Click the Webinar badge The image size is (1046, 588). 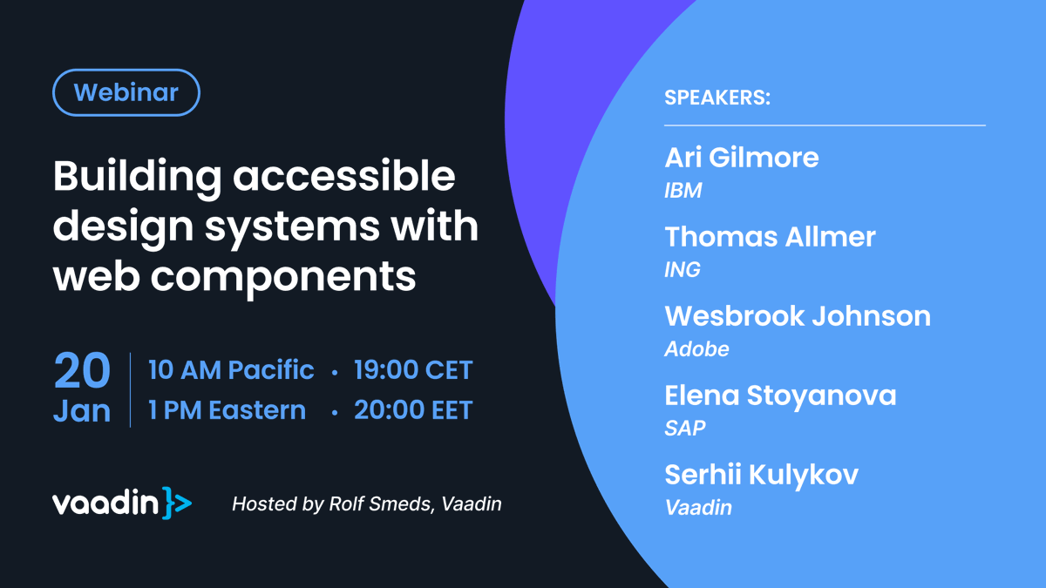point(126,92)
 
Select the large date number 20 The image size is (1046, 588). point(82,372)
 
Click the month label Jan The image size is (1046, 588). point(82,410)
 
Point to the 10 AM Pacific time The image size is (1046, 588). point(231,370)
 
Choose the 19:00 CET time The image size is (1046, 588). point(413,370)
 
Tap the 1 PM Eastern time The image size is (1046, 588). point(227,410)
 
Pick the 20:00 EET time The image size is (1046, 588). point(413,410)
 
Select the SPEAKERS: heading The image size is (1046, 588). point(717,98)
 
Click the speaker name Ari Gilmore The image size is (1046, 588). point(742,158)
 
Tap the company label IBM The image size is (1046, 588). point(683,191)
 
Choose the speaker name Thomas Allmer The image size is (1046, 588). point(770,237)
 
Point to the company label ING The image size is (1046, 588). point(683,270)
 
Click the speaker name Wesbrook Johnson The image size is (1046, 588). point(798,316)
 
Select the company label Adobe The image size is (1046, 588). point(696,349)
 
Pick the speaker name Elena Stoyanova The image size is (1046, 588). point(780,395)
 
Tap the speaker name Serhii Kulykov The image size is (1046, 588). point(761,475)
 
